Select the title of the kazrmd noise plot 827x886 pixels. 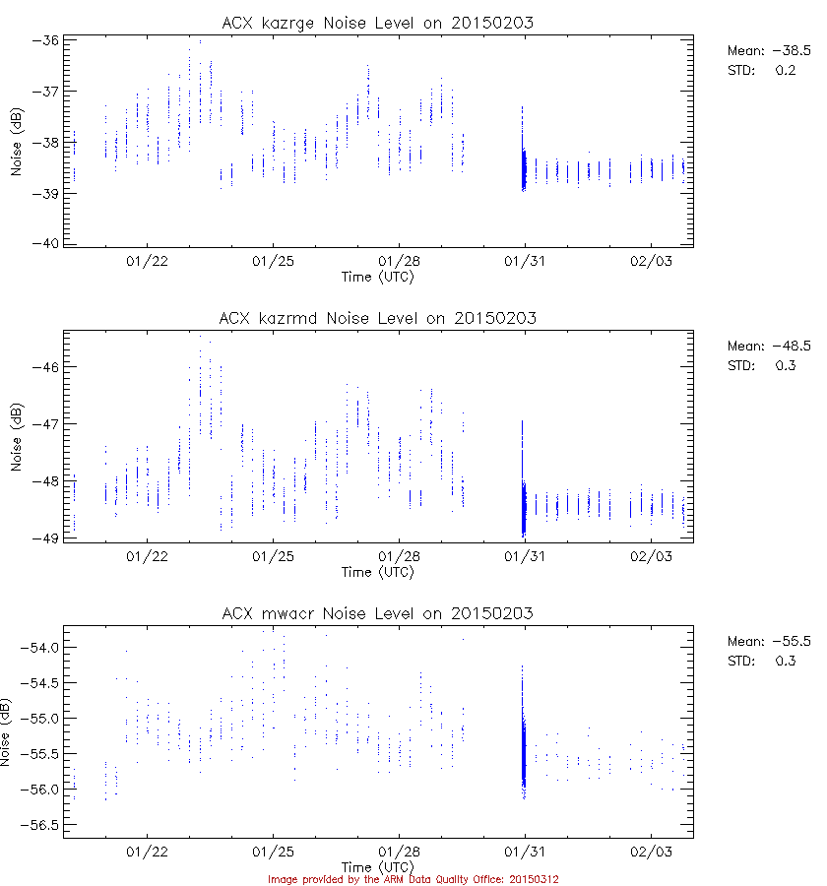(x=378, y=318)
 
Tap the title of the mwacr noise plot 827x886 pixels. (x=378, y=613)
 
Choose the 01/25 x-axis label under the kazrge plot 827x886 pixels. (x=274, y=262)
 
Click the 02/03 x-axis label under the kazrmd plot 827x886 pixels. (x=651, y=556)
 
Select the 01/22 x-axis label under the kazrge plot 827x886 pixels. (x=148, y=262)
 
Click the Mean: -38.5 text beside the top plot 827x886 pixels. (x=768, y=50)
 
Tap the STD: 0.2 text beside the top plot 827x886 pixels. (x=761, y=70)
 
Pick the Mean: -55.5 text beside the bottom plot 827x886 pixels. (x=768, y=641)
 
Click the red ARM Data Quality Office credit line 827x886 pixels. (x=413, y=879)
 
